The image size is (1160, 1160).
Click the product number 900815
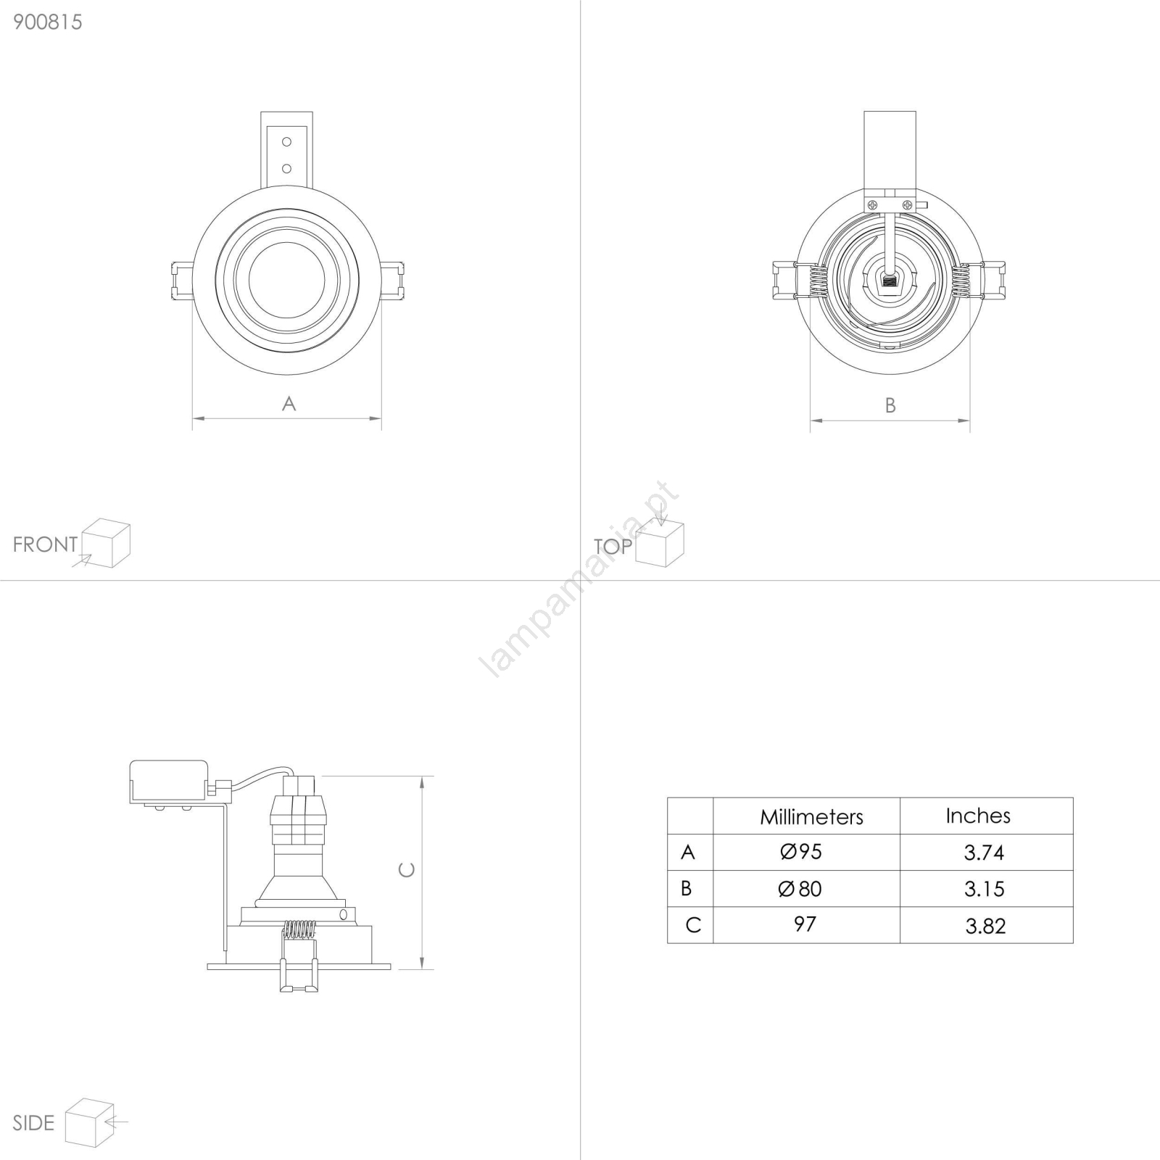[x=48, y=22]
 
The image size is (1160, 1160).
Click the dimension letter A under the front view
[x=289, y=404]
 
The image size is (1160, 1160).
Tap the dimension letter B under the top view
[x=890, y=406]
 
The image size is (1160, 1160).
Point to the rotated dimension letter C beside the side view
[x=407, y=869]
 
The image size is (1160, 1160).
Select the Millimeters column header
[x=811, y=817]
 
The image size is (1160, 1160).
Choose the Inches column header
[x=978, y=816]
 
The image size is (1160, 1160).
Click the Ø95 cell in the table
[x=801, y=852]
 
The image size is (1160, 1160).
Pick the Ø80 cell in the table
[x=800, y=889]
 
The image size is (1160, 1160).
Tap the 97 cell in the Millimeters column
[x=805, y=924]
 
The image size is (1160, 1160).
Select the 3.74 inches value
[x=984, y=853]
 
